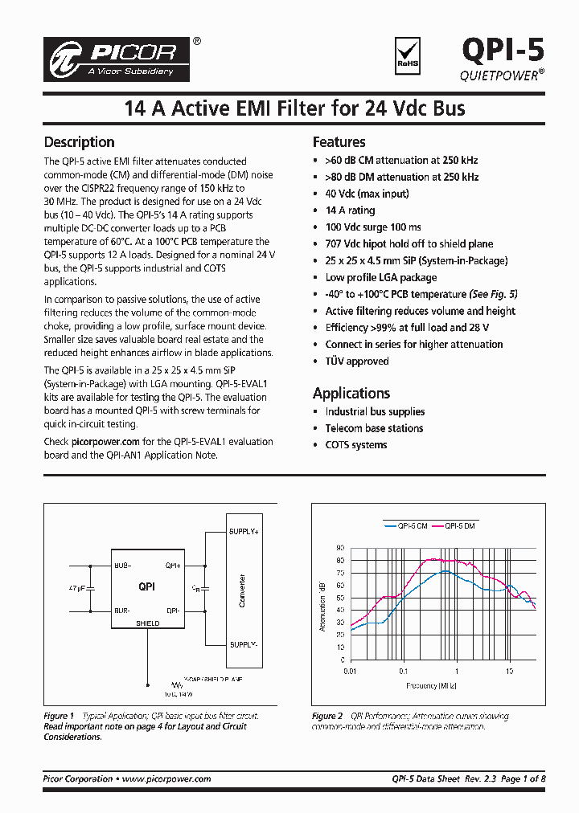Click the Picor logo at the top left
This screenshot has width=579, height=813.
[120, 59]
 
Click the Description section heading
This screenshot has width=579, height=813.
[79, 142]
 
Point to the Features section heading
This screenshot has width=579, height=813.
[339, 142]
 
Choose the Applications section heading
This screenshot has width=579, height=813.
[351, 393]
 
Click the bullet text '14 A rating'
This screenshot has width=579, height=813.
[350, 210]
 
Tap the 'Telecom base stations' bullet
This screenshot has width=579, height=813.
[374, 428]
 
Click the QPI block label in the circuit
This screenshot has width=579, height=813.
[146, 587]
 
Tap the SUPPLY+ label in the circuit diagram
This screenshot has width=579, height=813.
[244, 532]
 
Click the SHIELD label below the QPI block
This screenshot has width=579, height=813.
[147, 623]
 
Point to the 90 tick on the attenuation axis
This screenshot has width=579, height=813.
[340, 549]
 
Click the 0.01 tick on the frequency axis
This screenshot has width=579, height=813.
[349, 670]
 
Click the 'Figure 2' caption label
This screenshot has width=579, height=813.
[327, 717]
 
